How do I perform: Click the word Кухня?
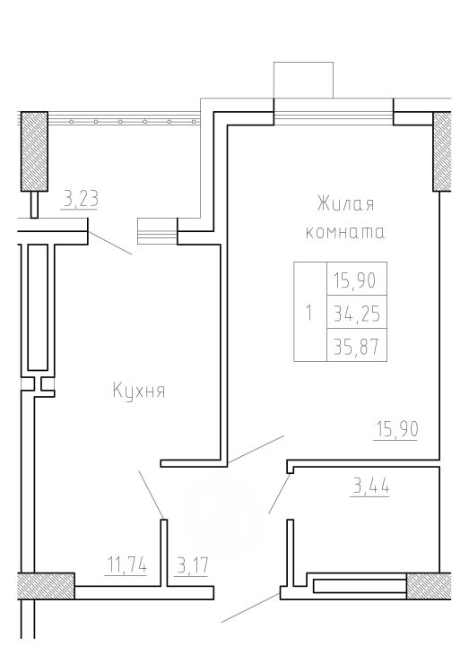[x=139, y=391]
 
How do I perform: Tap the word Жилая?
[x=346, y=204]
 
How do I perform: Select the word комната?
[x=345, y=233]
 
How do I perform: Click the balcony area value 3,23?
[x=81, y=198]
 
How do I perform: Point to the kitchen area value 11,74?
[x=126, y=564]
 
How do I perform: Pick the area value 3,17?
[x=193, y=565]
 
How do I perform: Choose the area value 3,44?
[x=370, y=486]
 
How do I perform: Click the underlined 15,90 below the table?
[x=397, y=429]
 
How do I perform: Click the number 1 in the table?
[x=309, y=314]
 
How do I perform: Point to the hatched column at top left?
[x=34, y=151]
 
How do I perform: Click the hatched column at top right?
[x=442, y=151]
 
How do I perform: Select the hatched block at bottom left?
[x=46, y=586]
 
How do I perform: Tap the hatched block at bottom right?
[x=429, y=586]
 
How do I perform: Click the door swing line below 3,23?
[x=110, y=243]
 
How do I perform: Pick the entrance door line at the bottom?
[x=250, y=607]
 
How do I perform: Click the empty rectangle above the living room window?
[x=303, y=81]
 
